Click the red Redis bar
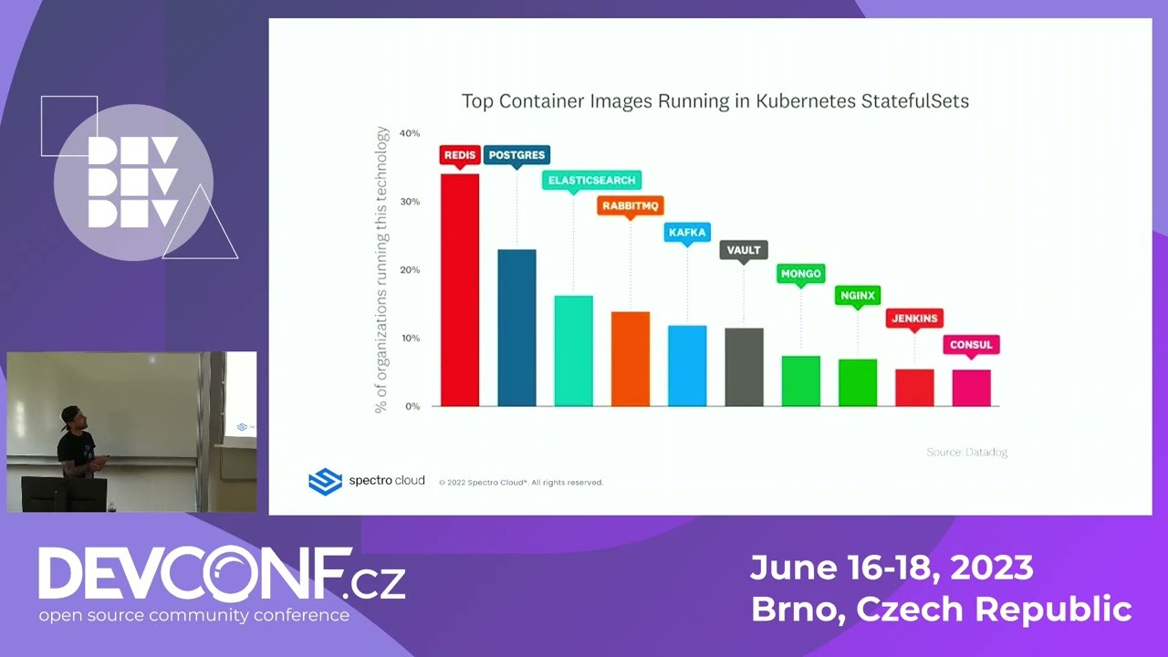pos(459,290)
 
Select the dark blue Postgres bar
pos(516,328)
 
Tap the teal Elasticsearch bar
pos(573,351)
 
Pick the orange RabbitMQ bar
pos(631,359)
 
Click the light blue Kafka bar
pos(687,366)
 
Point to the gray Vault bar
pos(744,367)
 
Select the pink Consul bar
pos(971,388)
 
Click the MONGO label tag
pos(800,274)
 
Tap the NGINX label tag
pos(857,296)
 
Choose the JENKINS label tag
pos(913,318)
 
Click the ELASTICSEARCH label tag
pos(591,181)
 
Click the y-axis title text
pos(382,270)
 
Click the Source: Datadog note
pos(966,452)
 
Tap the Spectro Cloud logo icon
pos(325,481)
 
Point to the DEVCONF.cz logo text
pos(222,575)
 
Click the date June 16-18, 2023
pos(892,568)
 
